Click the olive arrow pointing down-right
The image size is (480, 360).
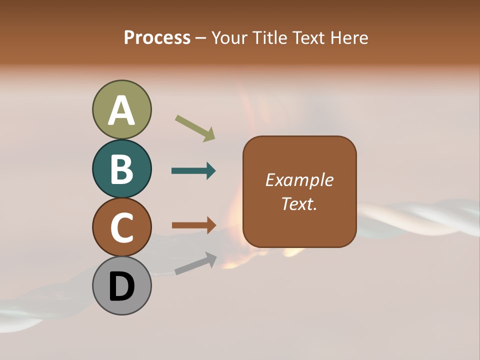195,128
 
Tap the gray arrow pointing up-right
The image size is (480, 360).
195,263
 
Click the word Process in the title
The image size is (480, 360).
157,37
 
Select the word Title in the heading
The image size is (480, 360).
270,37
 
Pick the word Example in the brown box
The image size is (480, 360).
299,180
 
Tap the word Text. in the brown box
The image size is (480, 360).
299,203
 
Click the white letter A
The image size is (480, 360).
121,110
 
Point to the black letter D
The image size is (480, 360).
121,286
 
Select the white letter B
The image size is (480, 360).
121,169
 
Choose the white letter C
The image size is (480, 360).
121,227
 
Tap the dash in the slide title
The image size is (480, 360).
200,38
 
